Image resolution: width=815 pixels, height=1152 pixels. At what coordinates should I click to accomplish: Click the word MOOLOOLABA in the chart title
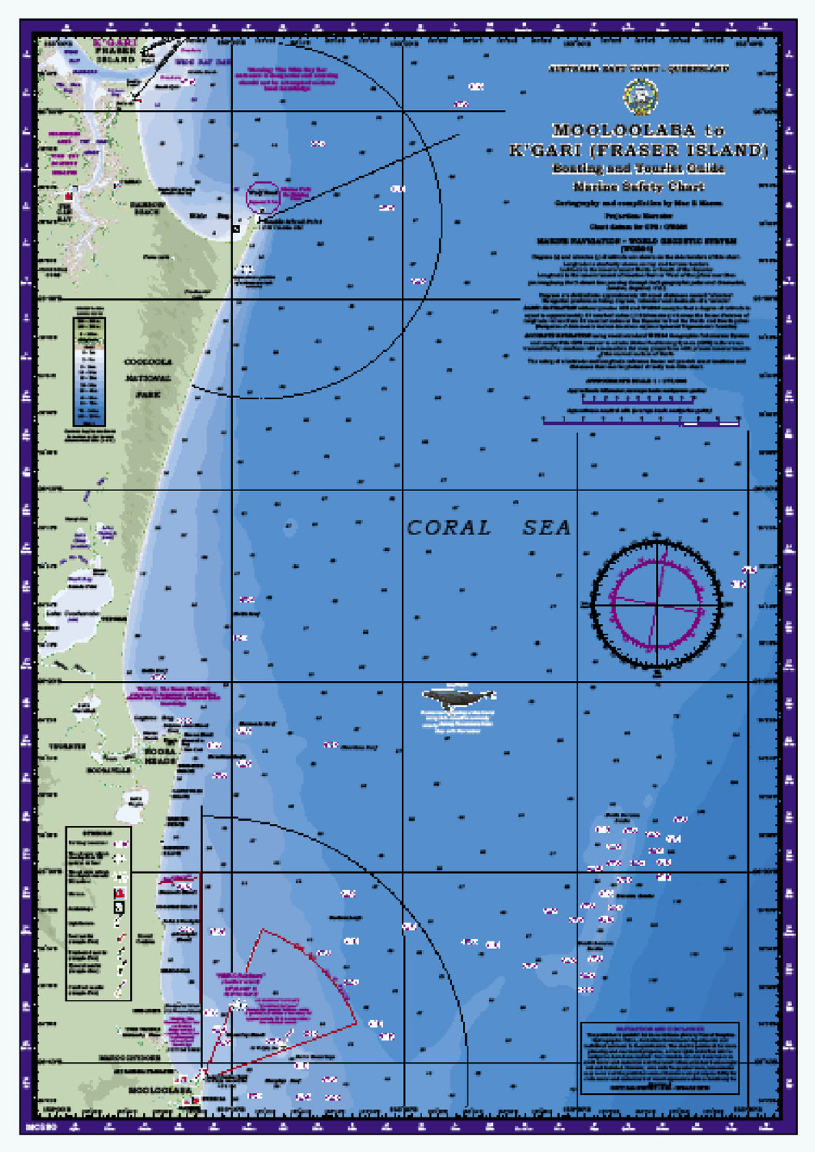(x=624, y=131)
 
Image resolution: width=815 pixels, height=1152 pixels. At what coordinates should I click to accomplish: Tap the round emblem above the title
(x=640, y=97)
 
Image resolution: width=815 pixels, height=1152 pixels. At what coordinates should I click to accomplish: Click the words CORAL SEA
(x=488, y=528)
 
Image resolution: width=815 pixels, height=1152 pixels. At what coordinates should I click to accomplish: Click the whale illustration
(x=457, y=699)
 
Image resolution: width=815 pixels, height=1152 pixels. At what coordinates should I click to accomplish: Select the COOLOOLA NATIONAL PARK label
(x=148, y=378)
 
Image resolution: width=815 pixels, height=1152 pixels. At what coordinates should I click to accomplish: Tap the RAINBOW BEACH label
(x=147, y=208)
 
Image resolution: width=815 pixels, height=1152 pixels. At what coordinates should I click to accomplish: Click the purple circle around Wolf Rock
(x=263, y=197)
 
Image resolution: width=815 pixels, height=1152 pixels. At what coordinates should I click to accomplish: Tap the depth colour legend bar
(x=89, y=371)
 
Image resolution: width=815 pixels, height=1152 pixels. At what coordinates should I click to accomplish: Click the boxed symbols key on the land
(x=98, y=913)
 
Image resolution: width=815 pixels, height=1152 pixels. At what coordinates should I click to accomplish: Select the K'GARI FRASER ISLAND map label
(x=115, y=51)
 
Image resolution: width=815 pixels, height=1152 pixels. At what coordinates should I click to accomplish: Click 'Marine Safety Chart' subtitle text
(x=638, y=186)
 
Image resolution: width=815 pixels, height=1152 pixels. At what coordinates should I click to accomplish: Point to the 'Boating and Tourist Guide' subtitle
(x=638, y=168)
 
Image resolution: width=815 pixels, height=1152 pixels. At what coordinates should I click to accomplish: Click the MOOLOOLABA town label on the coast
(x=160, y=1091)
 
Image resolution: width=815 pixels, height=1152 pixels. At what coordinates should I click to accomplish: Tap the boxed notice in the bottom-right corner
(x=660, y=1057)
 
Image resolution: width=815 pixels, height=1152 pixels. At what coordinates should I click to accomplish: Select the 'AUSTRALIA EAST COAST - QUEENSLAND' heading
(x=638, y=69)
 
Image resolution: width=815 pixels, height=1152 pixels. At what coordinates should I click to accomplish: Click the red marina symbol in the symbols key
(x=119, y=894)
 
